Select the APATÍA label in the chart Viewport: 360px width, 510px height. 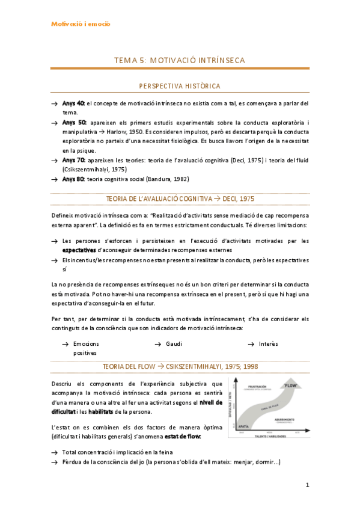pos(243,425)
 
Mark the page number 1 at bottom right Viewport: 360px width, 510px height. pos(307,485)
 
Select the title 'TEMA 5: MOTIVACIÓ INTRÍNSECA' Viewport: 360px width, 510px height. pos(180,60)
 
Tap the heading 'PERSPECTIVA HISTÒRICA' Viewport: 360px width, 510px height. pos(180,87)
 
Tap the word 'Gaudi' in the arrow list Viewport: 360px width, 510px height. pos(174,343)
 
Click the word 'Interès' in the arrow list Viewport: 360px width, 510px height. pos(268,343)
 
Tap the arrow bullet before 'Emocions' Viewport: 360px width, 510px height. pos(65,343)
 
